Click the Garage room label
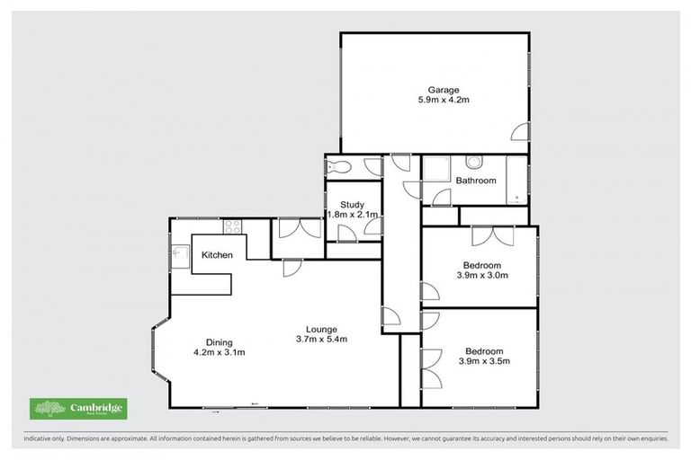point(443,89)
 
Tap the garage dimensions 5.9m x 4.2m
point(443,100)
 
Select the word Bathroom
point(475,181)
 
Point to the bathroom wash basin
point(475,162)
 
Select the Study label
point(352,204)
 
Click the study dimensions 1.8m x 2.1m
point(352,215)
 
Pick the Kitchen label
point(217,255)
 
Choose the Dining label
point(219,341)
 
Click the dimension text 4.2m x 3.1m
point(219,352)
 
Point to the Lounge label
point(321,328)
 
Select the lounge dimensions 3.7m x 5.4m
point(321,339)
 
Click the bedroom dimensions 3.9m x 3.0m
point(483,276)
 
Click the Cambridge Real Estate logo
point(78,409)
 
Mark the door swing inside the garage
point(520,134)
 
